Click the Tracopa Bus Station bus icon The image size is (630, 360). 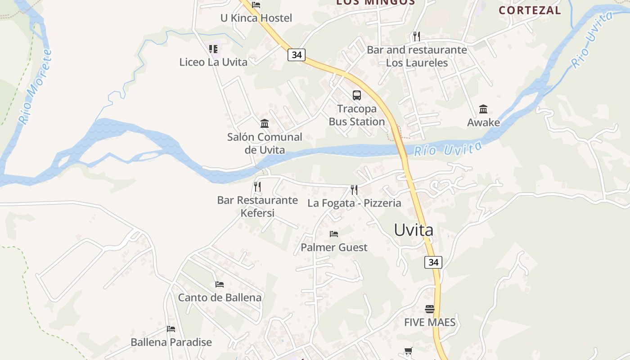(356, 95)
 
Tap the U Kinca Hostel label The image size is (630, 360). (256, 18)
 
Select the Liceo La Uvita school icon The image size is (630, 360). (213, 49)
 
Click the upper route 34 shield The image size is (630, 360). (296, 55)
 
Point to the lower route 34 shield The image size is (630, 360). (433, 262)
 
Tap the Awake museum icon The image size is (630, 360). (483, 109)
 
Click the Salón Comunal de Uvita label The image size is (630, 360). (265, 143)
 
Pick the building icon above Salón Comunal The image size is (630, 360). (265, 123)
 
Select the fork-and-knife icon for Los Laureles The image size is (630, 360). (416, 36)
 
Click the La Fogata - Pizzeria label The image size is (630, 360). (354, 203)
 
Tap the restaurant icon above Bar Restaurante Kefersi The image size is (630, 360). (257, 186)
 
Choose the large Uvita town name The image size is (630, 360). (414, 230)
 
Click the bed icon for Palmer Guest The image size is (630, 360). (334, 234)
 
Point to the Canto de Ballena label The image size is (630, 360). (220, 297)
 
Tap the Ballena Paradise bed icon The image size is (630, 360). (171, 329)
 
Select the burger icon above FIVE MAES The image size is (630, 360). (430, 309)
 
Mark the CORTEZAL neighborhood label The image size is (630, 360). (530, 10)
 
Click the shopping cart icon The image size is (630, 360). (408, 351)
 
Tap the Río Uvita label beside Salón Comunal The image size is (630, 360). (448, 149)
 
